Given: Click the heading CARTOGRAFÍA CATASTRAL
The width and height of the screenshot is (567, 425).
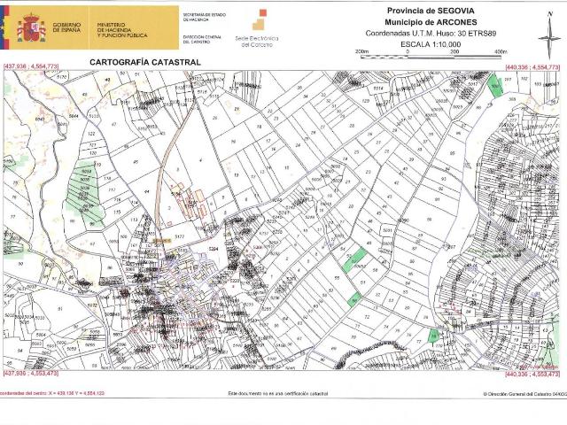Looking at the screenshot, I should click(145, 62).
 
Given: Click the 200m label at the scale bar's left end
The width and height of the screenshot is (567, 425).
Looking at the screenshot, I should click(361, 52).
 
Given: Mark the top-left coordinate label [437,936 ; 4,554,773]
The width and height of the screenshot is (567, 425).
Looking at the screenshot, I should click(32, 67).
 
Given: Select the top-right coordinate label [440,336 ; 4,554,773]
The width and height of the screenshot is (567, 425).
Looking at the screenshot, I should click(532, 67).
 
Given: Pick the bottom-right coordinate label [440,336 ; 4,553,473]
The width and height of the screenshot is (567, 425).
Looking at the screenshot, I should click(532, 375).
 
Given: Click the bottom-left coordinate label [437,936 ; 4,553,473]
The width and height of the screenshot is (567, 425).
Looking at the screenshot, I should click(32, 375).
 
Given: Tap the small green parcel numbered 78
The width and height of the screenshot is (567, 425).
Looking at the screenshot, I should click(432, 336).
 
